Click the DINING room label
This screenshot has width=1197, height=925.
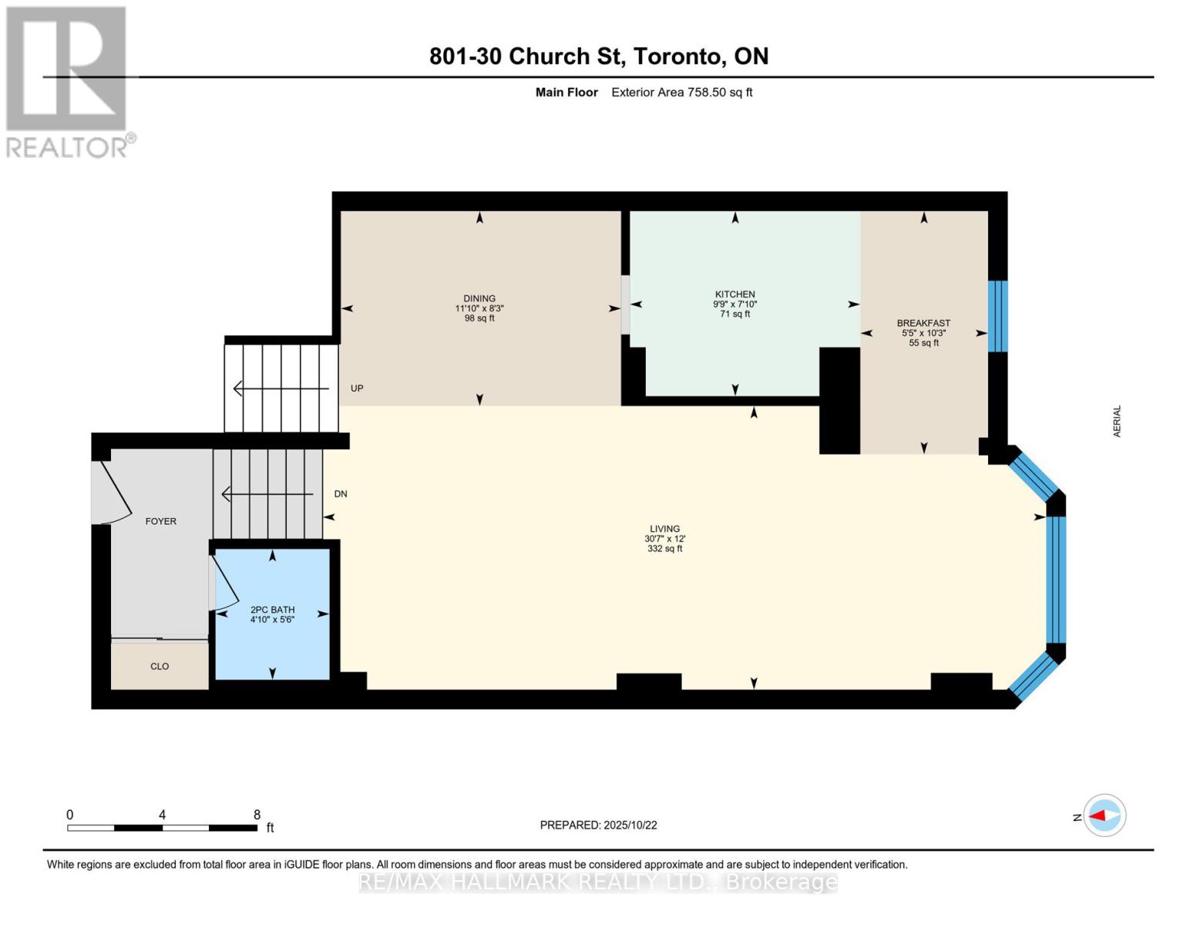click(x=479, y=298)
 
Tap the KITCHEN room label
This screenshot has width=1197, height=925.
click(x=735, y=294)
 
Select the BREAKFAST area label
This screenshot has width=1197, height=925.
click(x=923, y=324)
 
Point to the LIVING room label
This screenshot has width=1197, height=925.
click(x=664, y=529)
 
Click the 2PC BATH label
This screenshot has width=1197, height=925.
click(x=272, y=610)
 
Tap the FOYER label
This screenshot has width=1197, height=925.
click(x=161, y=521)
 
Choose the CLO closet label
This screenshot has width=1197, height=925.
click(x=160, y=666)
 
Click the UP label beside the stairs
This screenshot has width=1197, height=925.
click(x=357, y=388)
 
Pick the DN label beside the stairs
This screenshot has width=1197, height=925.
click(x=341, y=494)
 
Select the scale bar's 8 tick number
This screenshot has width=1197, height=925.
click(x=257, y=815)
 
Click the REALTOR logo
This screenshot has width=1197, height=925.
click(x=68, y=81)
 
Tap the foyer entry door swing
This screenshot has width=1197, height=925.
click(x=110, y=493)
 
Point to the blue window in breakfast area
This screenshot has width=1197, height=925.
click(x=997, y=316)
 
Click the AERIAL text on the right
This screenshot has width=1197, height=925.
click(x=1117, y=422)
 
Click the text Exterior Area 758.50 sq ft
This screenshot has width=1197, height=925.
click(x=681, y=92)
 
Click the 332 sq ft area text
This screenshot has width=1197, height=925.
click(x=664, y=549)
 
